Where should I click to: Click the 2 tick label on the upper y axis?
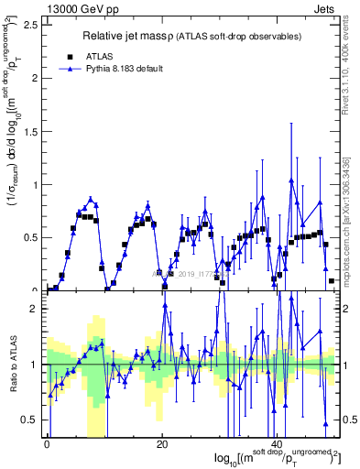coord(36,78)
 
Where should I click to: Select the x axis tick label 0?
coord(47,444)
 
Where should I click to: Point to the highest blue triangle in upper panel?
coord(291,180)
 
